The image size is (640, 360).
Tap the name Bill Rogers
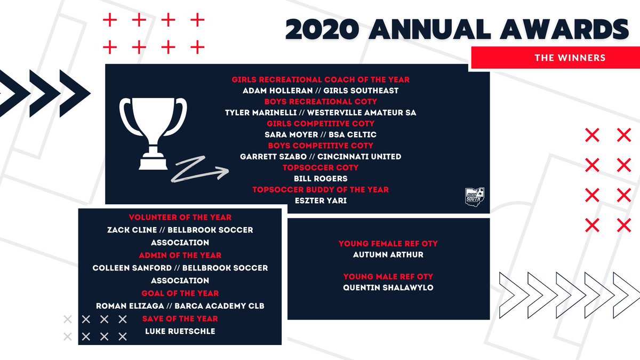[x=321, y=179]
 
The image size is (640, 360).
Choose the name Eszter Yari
[x=321, y=201]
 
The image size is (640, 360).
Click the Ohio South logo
[x=474, y=195]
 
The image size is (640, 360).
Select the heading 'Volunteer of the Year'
[x=180, y=218]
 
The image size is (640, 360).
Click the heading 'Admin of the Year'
[x=180, y=255]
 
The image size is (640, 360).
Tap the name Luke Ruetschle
[x=180, y=331]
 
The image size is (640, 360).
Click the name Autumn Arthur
[x=388, y=255]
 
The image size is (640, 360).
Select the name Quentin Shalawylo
[x=388, y=288]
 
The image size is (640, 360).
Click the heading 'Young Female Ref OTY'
[x=388, y=244]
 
